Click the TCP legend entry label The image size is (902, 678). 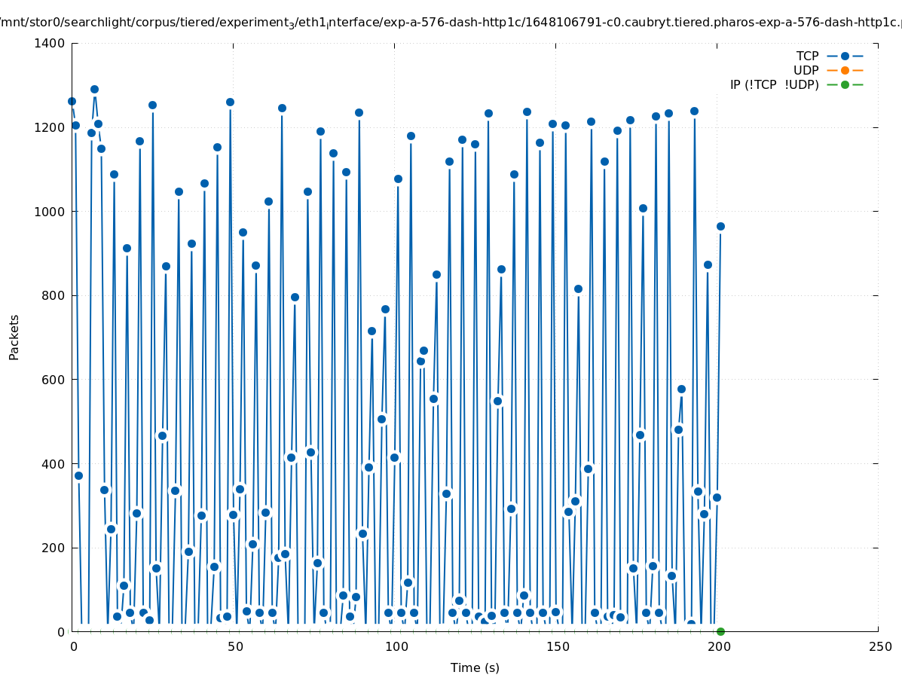point(807,56)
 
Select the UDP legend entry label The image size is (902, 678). point(806,70)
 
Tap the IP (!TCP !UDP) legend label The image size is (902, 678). point(774,84)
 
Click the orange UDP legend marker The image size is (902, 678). point(845,70)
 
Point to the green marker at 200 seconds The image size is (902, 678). point(720,631)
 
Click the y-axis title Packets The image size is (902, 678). point(14,337)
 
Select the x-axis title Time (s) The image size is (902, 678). point(475,667)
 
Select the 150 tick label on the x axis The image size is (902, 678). point(556,646)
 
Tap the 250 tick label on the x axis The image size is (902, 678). point(879,646)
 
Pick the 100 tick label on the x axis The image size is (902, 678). point(395,646)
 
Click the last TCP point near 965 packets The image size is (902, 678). point(720,226)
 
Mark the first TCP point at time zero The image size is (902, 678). point(72,101)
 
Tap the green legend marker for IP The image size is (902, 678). point(845,84)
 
